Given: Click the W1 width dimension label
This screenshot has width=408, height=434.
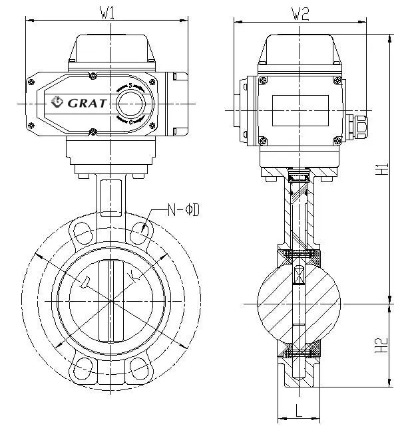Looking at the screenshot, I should [x=107, y=13].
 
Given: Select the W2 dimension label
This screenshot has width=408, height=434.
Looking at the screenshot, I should [x=301, y=13].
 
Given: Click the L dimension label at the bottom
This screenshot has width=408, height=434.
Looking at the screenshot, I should [x=299, y=411].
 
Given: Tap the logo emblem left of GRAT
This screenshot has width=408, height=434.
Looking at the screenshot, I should [x=57, y=102].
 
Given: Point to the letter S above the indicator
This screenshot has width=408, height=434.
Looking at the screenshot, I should [x=130, y=86].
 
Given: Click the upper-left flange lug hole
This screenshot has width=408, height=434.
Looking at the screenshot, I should [x=83, y=233].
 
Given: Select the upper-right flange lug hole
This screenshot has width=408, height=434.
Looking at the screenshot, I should [x=140, y=233].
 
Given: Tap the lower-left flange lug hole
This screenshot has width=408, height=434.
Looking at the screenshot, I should [x=83, y=368].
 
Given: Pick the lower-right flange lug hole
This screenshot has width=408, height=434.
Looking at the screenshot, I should [x=140, y=368].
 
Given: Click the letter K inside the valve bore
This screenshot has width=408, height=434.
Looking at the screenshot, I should [x=136, y=274].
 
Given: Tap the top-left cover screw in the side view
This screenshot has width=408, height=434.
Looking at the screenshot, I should [x=263, y=80].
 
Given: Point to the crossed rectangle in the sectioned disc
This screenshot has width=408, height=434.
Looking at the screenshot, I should [x=299, y=273].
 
